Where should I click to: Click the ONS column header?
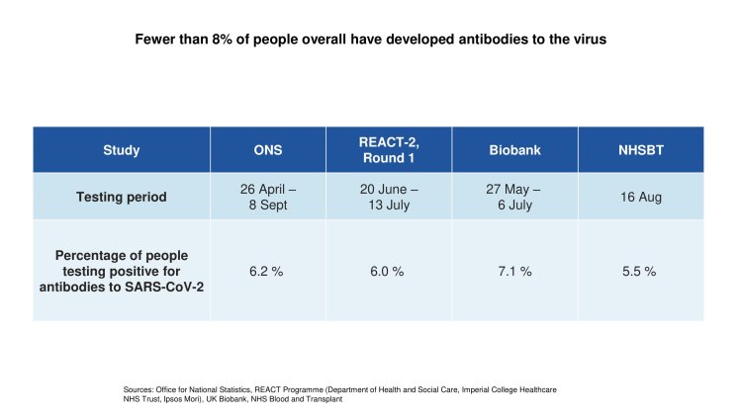268,150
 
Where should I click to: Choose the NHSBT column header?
640,150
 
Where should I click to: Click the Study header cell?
121,150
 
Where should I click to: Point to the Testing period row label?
121,197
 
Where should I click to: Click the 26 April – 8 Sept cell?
268,197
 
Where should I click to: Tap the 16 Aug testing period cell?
640,197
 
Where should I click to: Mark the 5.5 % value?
640,271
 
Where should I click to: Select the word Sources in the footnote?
126,389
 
